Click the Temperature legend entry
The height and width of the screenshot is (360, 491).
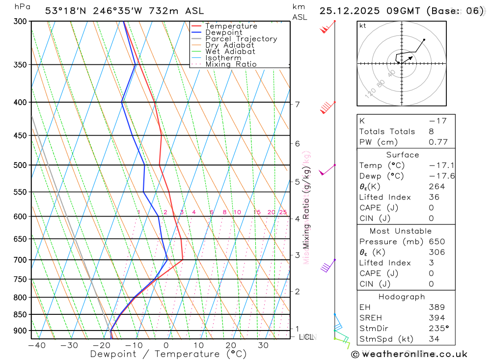231,26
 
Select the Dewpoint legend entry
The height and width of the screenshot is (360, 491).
223,32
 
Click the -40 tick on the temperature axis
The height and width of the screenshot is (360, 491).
37,345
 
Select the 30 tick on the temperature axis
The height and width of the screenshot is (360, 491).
263,345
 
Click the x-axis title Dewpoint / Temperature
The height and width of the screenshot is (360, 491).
168,354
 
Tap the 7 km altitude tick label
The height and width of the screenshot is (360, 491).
297,104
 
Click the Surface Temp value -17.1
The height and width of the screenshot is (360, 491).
437,166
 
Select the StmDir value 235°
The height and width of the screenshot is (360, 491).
439,328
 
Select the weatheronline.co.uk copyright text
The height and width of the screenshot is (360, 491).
409,354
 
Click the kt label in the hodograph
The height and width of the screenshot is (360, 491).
363,26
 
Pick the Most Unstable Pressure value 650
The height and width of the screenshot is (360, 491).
436,242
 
